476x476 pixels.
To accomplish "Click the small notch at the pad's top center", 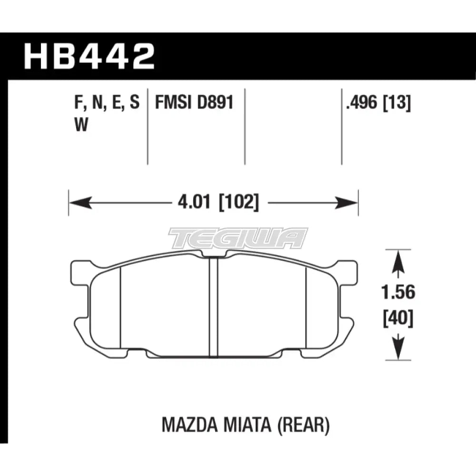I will tap(214, 258).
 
